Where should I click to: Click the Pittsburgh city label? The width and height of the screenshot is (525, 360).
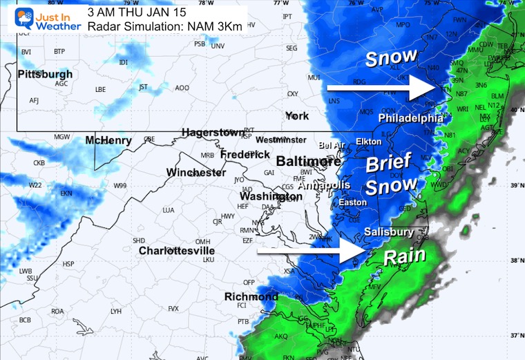45,74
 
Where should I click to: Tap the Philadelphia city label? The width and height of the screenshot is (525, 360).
410,118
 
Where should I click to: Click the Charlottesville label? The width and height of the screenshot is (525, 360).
176,250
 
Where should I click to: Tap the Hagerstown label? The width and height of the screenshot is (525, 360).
213,132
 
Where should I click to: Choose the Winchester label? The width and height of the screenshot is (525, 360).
196,172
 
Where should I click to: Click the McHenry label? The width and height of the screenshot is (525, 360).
108,141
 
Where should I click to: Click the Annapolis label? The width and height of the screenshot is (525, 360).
324,185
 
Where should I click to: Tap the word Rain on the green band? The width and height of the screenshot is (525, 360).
403,257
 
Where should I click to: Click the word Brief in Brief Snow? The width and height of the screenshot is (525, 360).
388,164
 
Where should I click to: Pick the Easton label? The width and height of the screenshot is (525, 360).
352,202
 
